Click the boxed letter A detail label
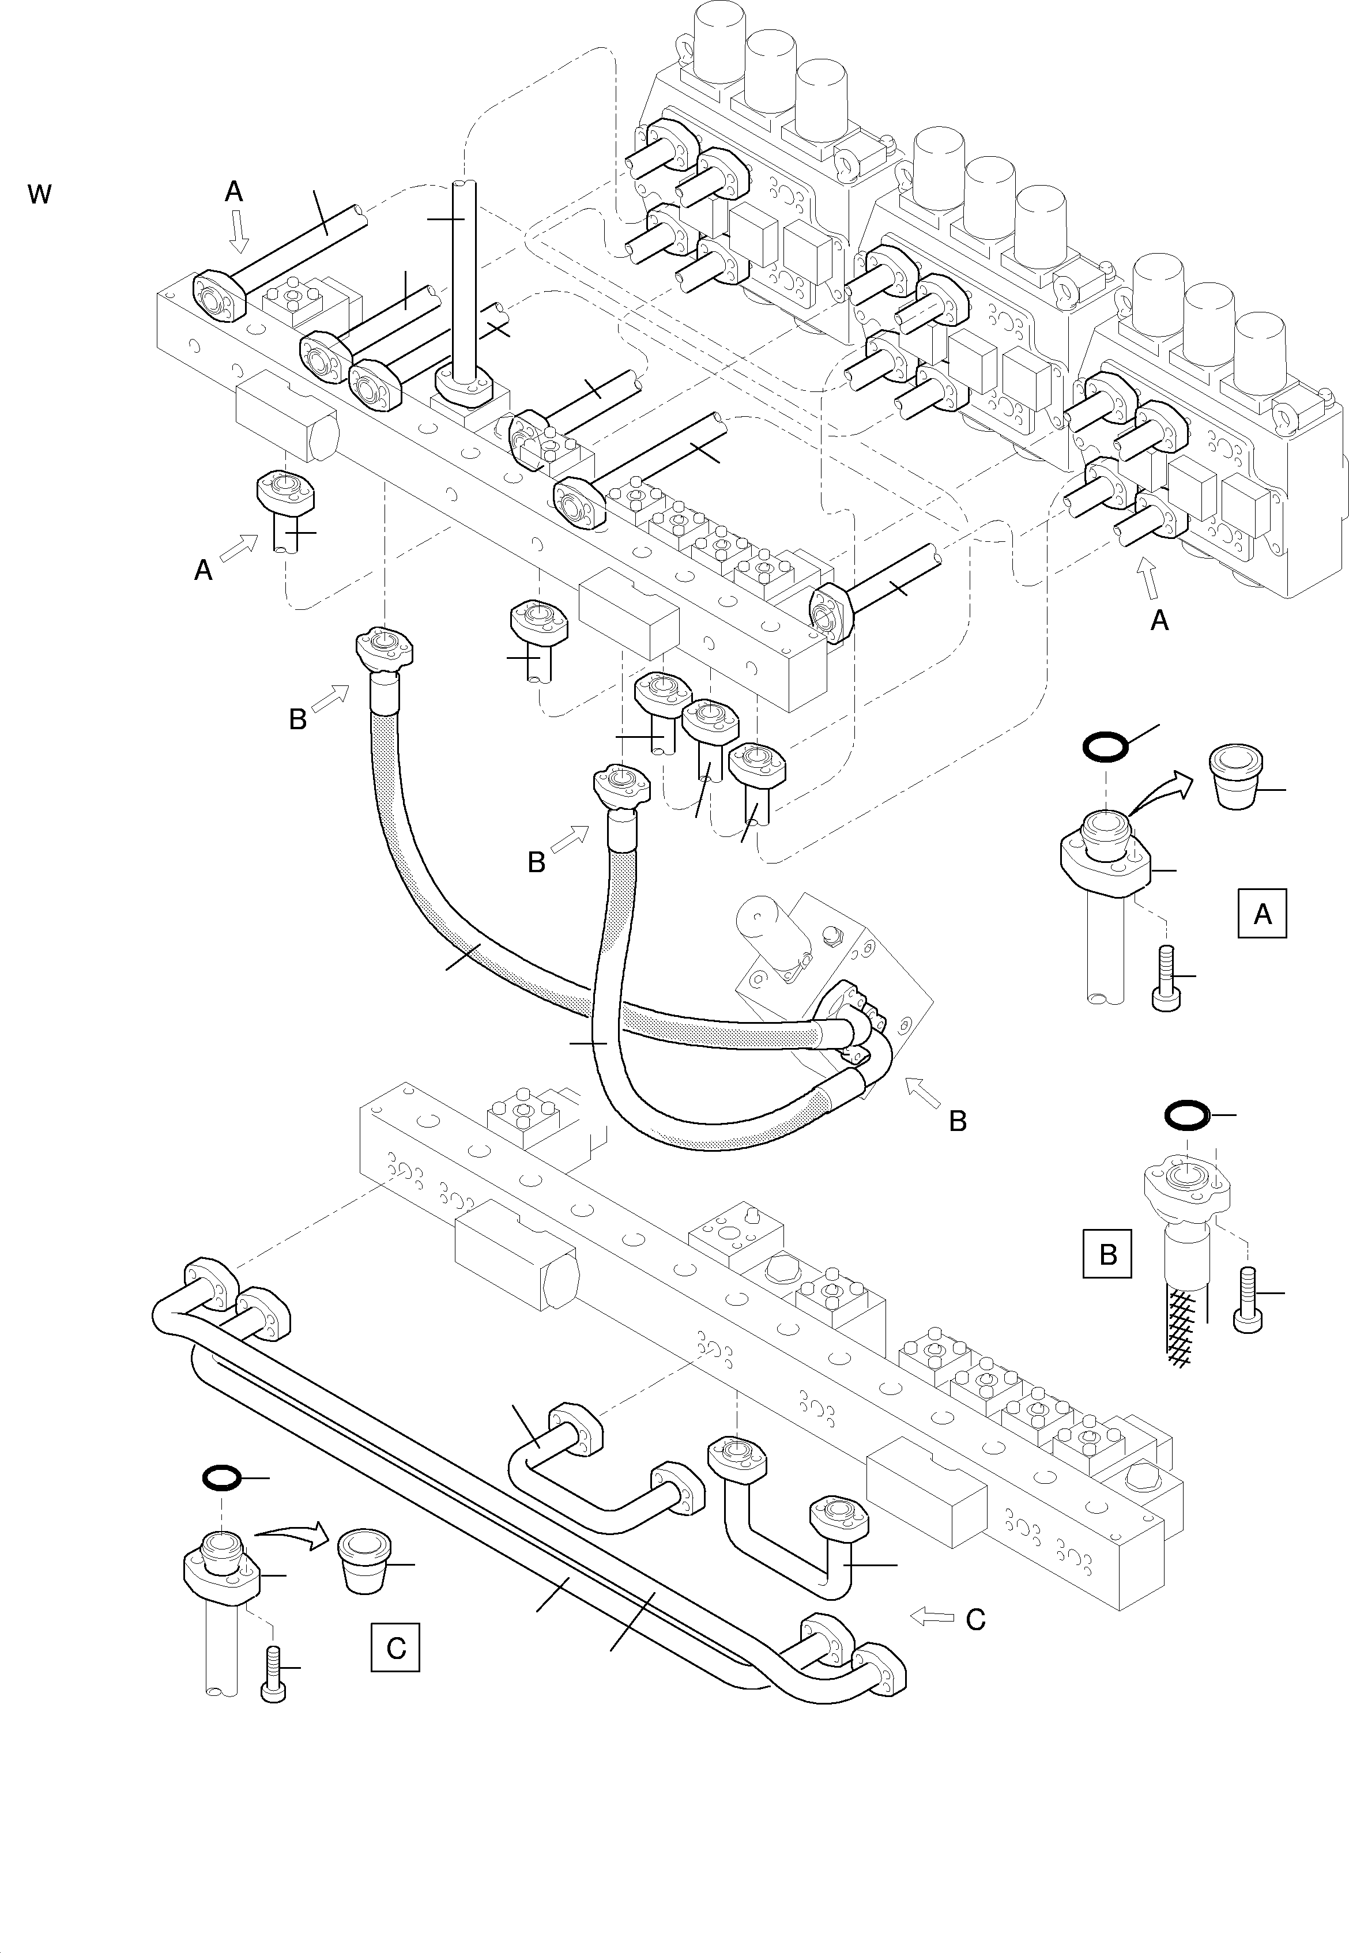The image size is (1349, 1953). pyautogui.click(x=1262, y=914)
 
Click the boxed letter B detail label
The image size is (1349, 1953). pyautogui.click(x=1107, y=1254)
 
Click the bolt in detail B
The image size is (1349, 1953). pyautogui.click(x=1249, y=1300)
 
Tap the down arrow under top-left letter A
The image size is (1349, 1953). pyautogui.click(x=239, y=232)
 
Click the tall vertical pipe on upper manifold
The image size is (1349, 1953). pyautogui.click(x=464, y=279)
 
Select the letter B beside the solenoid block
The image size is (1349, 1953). pyautogui.click(x=957, y=1121)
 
